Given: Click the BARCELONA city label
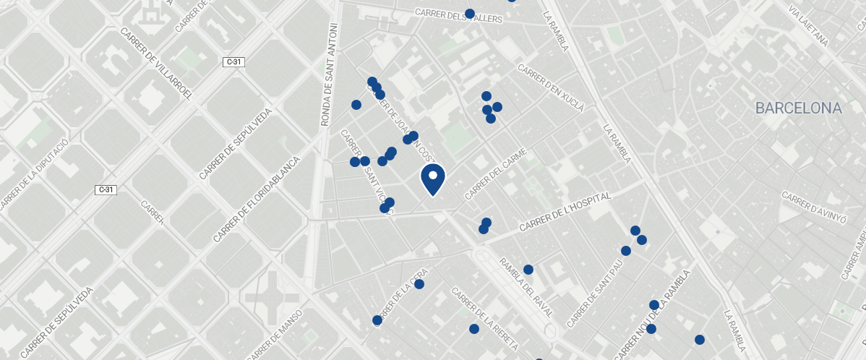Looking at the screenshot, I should [x=798, y=108].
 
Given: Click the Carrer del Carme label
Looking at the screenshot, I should [x=500, y=174].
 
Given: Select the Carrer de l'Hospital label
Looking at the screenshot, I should [x=565, y=213].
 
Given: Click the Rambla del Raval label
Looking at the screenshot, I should [x=526, y=288].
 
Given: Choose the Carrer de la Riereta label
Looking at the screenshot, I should [x=484, y=319].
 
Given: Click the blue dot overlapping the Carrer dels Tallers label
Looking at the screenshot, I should [x=470, y=14].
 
